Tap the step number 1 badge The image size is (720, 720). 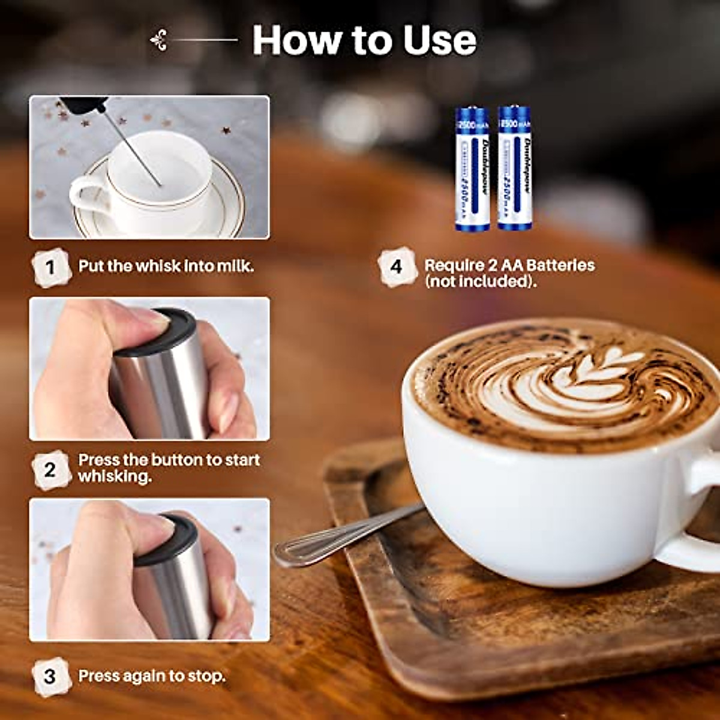click(50, 267)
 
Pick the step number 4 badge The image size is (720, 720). click(397, 266)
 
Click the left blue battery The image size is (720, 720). click(472, 169)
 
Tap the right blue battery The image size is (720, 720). click(515, 168)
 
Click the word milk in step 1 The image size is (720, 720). click(235, 266)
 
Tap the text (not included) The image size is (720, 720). click(481, 281)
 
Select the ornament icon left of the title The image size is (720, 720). click(159, 40)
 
